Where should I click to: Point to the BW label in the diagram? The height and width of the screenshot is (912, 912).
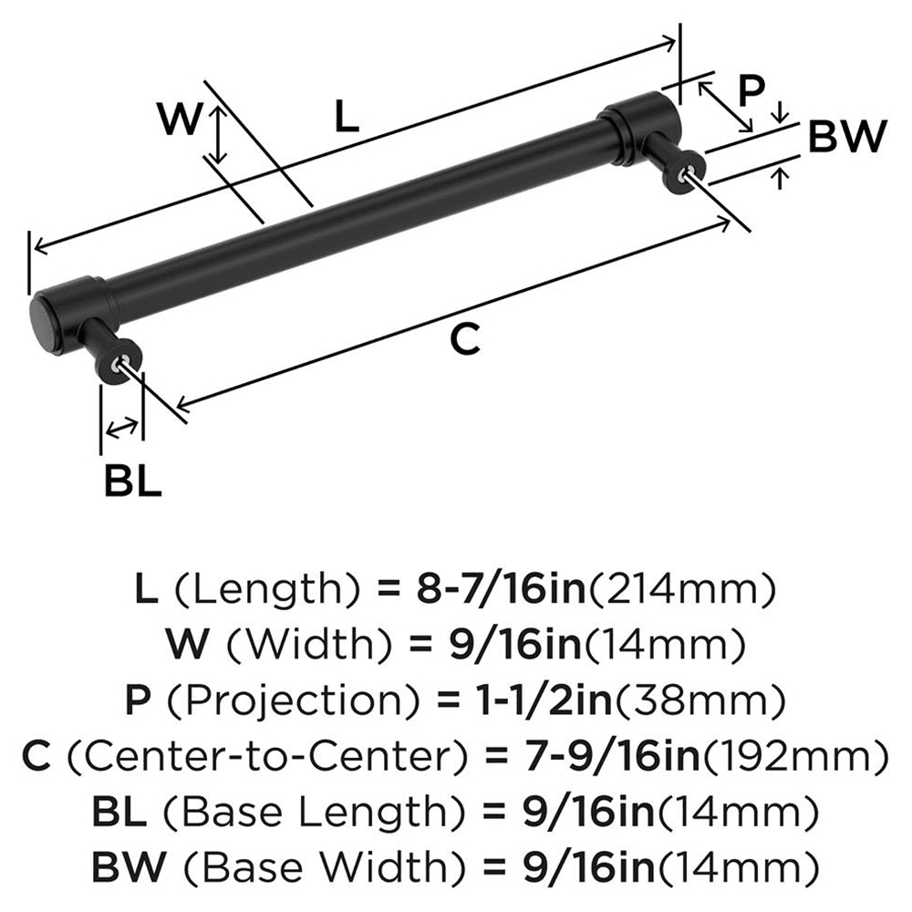point(847,138)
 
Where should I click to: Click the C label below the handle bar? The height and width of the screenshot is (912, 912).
point(464,340)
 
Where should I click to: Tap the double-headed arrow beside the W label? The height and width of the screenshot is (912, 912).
point(216,135)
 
